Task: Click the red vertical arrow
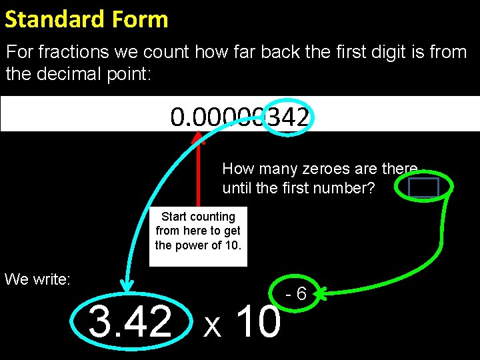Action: [198, 173]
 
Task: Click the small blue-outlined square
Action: [423, 188]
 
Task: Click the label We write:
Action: [37, 279]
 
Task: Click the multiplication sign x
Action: [212, 325]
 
